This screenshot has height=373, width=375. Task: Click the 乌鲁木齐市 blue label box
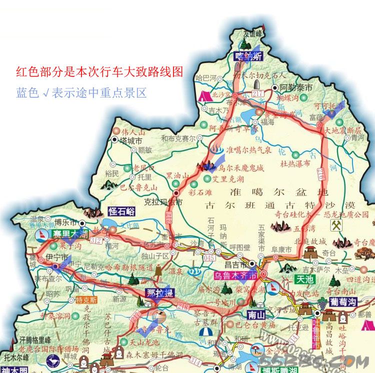(235, 275)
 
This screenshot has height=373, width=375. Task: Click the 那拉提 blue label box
(159, 292)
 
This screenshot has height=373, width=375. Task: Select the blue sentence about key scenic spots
(81, 92)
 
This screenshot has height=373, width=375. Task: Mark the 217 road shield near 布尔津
(258, 94)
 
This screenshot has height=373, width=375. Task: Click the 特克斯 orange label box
(86, 300)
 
